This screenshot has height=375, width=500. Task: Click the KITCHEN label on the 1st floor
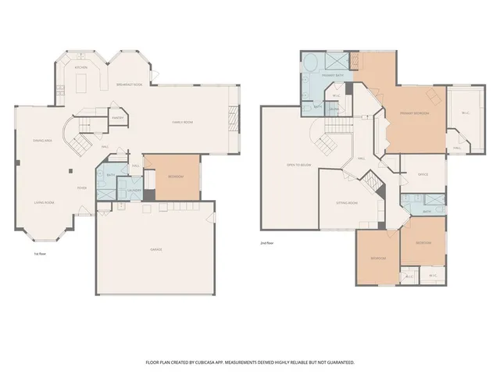[80, 68]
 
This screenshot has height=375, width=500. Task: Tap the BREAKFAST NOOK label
[129, 84]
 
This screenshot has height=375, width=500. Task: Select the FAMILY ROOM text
[183, 123]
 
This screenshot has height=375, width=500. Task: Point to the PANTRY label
[118, 119]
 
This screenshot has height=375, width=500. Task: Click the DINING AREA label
[43, 141]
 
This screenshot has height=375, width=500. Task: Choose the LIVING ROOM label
[43, 202]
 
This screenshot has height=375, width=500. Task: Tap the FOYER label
[81, 188]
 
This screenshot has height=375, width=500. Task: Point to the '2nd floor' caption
[267, 243]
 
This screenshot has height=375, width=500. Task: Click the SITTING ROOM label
[346, 202]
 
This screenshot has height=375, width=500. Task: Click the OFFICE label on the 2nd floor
[423, 174]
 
